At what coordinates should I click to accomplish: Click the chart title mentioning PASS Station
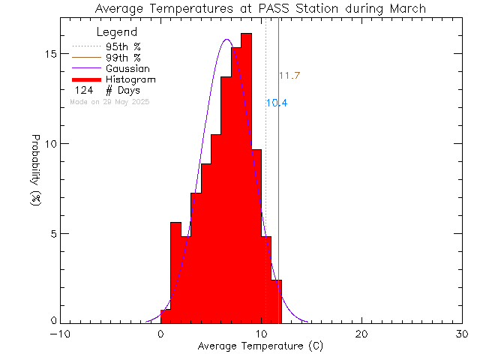(x=260, y=9)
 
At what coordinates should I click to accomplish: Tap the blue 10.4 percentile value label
(x=277, y=103)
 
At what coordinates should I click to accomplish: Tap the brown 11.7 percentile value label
(x=289, y=76)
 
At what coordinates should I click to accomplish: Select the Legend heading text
(x=118, y=32)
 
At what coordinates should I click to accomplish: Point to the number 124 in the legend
(x=84, y=91)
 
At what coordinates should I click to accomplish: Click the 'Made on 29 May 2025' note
(x=109, y=101)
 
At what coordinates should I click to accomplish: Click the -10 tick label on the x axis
(x=60, y=334)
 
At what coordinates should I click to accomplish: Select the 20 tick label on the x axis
(x=362, y=334)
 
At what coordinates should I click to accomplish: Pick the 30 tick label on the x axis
(x=463, y=334)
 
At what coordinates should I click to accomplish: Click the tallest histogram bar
(x=247, y=180)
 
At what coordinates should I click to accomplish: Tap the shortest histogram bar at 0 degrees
(x=166, y=316)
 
